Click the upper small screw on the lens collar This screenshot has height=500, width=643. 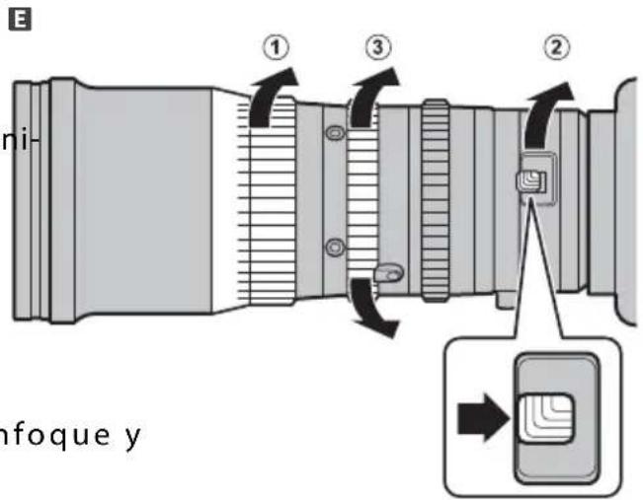pyautogui.click(x=336, y=133)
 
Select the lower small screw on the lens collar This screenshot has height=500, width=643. pyautogui.click(x=336, y=246)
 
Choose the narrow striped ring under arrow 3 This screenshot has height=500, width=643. pyautogui.click(x=364, y=197)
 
